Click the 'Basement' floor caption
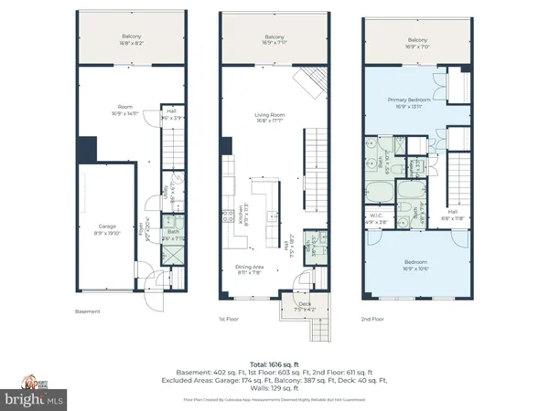coord(87,311)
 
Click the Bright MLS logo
coord(34,399)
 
